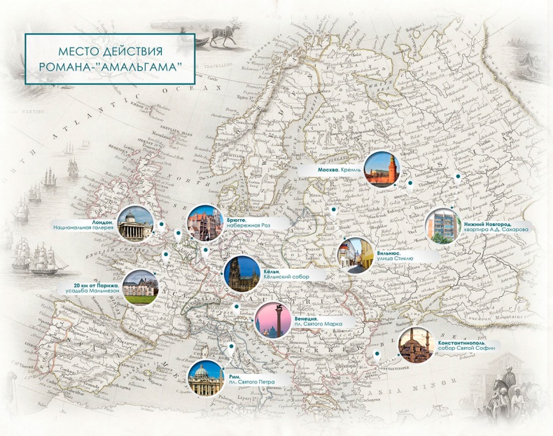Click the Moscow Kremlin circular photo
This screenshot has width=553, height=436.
(384, 169)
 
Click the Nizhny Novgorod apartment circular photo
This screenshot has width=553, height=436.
(442, 227)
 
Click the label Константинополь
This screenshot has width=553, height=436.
(469, 343)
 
